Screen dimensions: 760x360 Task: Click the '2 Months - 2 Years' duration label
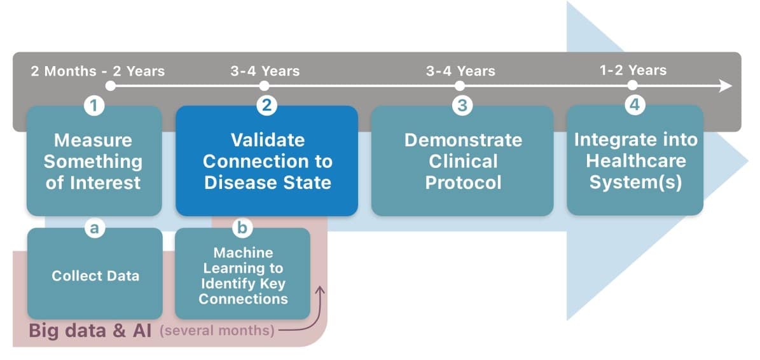point(98,71)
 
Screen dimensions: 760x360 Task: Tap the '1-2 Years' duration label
point(633,70)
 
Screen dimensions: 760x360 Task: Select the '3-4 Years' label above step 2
point(265,71)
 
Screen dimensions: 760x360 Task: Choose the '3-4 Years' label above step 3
point(461,71)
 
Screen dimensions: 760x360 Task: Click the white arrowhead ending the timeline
point(726,87)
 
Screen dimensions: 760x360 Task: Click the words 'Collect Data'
point(95,275)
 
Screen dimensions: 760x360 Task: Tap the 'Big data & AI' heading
point(90,331)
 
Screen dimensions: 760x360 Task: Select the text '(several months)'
point(217,331)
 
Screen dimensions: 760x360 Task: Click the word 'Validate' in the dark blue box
point(268,140)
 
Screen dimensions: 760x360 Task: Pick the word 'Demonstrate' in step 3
point(464,140)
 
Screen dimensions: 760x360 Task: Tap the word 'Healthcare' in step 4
point(636,162)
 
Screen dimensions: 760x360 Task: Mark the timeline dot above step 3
point(460,87)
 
